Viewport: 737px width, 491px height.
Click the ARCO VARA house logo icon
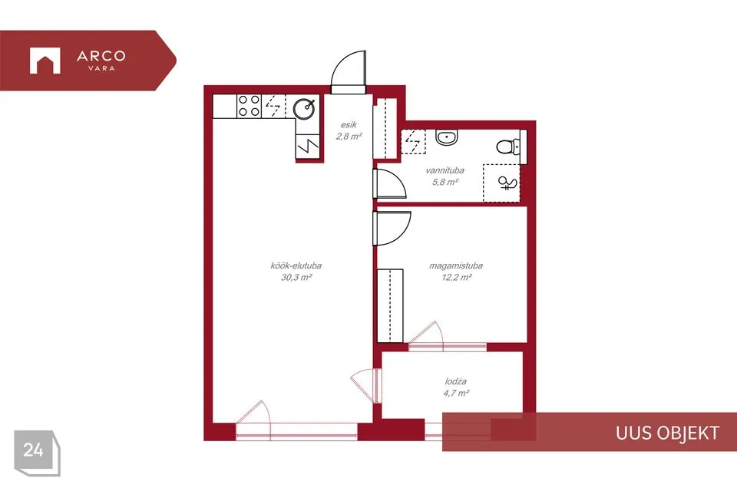[x=45, y=61]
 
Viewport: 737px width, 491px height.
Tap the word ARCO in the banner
[x=101, y=56]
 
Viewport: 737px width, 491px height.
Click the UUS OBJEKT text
[x=667, y=433]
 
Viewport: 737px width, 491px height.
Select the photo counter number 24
[x=33, y=450]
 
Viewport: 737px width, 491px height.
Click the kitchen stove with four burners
[x=249, y=106]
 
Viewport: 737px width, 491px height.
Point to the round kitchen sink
[x=304, y=109]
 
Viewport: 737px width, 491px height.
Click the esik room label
[x=349, y=124]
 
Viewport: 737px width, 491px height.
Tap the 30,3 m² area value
[x=296, y=277]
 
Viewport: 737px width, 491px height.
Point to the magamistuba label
[x=456, y=265]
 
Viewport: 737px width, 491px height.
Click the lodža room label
[x=456, y=381]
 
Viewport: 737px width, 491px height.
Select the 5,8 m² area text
[x=445, y=182]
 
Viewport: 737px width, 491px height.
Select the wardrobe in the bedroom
[x=390, y=306]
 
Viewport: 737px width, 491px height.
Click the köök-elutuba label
[x=296, y=265]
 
